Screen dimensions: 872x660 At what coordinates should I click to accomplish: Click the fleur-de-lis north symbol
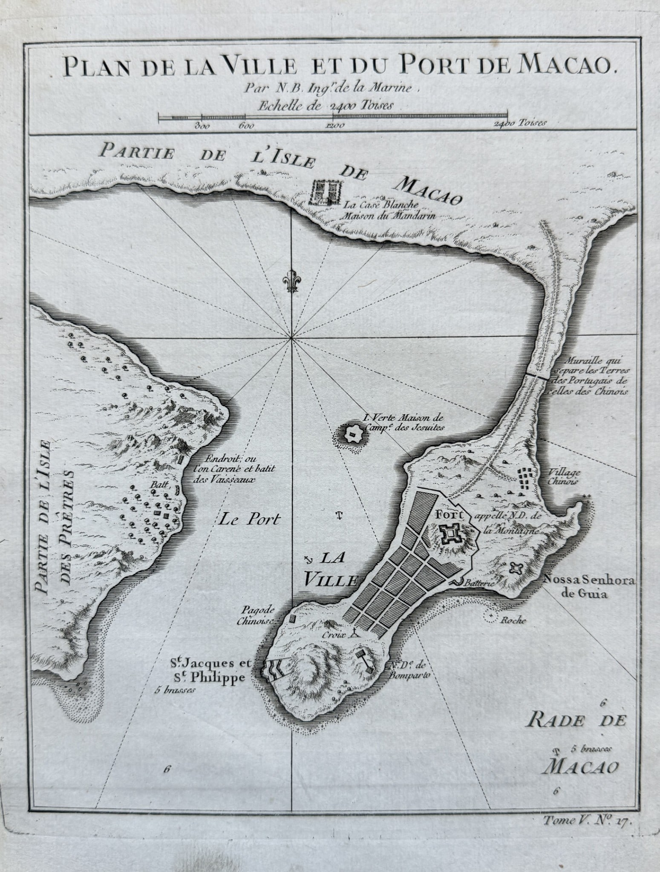point(291,281)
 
